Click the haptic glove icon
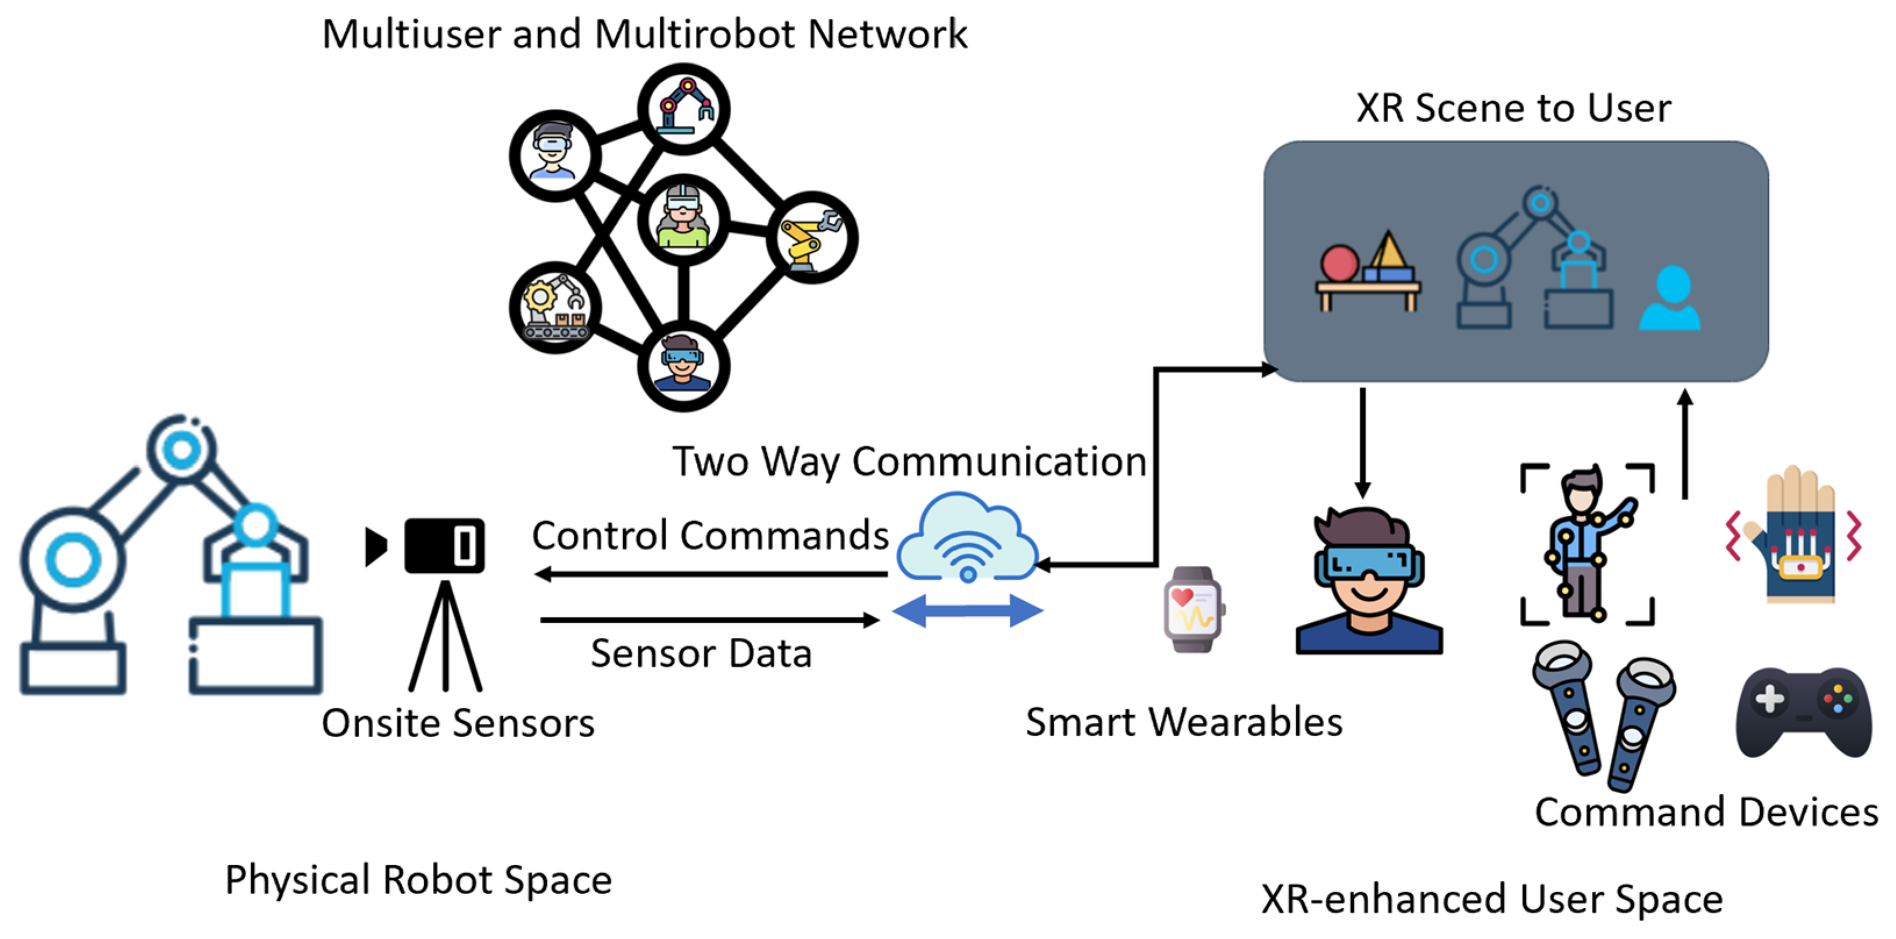tap(1796, 538)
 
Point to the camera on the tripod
tap(445, 547)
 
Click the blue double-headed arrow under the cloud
tap(967, 610)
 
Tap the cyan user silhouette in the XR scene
tap(1671, 298)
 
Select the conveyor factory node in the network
tap(555, 307)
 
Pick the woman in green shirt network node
tap(683, 219)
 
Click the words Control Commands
tap(710, 535)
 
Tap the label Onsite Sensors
tap(458, 723)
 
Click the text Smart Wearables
tap(1183, 722)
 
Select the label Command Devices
tap(1706, 812)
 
